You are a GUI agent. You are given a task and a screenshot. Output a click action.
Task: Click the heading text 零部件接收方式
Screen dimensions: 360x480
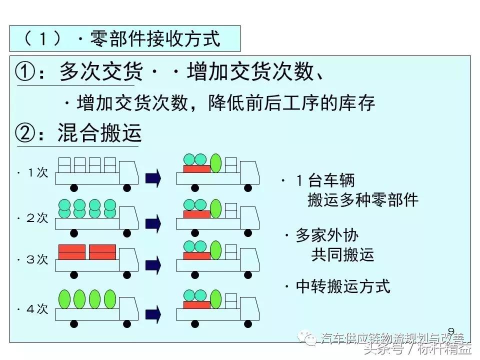pos(155,38)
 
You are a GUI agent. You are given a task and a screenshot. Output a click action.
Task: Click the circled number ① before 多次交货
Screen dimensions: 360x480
pos(26,73)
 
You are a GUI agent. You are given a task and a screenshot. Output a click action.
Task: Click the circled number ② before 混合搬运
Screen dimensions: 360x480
pos(26,133)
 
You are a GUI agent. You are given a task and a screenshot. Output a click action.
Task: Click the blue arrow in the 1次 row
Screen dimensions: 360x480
pos(153,177)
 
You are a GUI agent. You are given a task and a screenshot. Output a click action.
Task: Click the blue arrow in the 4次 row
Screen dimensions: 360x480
pos(153,314)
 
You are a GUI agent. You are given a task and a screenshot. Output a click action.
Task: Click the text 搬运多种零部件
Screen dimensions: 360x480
pos(363,200)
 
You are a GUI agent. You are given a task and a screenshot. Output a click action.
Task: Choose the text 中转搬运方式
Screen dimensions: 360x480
pos(343,286)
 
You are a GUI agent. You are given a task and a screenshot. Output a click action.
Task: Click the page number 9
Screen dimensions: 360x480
pos(451,331)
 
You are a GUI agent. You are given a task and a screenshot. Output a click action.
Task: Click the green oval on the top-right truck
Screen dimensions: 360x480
pos(216,163)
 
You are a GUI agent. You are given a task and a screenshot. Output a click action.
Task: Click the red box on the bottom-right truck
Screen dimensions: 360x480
pos(196,305)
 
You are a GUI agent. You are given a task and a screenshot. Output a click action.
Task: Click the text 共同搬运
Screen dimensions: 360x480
pos(343,254)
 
